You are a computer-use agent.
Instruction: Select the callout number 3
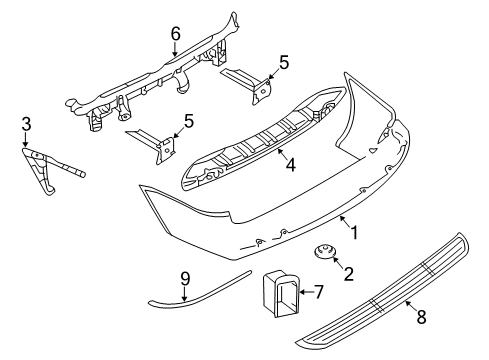27,123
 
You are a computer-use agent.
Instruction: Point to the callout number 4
289,167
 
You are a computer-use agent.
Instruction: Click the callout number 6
175,34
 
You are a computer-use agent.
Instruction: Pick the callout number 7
319,292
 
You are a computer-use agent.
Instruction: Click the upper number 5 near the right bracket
284,63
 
